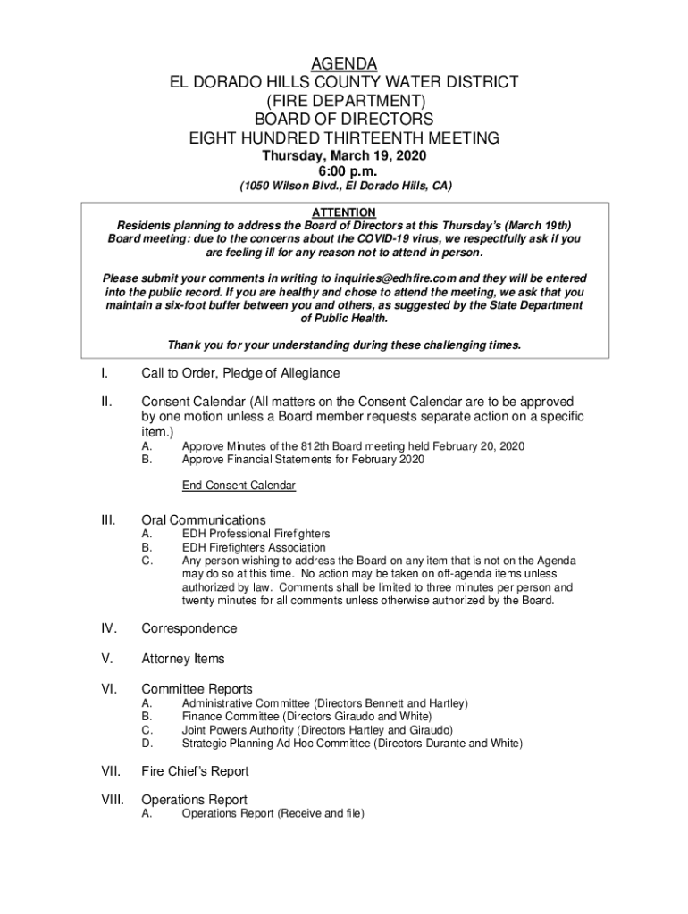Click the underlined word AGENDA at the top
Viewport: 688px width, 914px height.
point(344,63)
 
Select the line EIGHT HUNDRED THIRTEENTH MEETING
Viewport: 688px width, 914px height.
point(344,138)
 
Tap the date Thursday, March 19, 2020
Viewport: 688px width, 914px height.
point(344,156)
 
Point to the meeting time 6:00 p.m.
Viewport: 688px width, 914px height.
point(344,171)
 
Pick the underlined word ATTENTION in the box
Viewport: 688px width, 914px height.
point(344,212)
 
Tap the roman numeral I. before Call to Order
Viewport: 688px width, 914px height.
point(105,373)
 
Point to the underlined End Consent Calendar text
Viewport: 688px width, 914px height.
point(239,486)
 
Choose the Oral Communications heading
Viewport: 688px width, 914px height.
point(204,520)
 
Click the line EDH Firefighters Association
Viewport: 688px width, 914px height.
point(254,547)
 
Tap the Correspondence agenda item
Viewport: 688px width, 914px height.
point(189,628)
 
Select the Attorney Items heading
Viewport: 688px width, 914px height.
point(183,659)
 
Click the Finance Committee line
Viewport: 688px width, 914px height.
point(306,716)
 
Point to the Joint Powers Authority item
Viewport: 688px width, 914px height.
point(317,729)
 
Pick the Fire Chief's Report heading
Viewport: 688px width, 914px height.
point(196,771)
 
